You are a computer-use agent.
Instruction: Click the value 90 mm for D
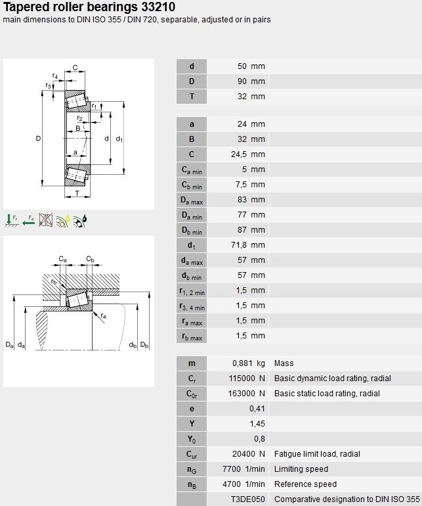pos(251,81)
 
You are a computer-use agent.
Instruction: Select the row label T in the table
pos(192,97)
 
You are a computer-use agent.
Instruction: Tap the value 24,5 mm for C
pos(248,154)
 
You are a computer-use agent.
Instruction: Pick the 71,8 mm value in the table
pos(248,245)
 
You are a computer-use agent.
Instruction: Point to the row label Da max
pos(192,200)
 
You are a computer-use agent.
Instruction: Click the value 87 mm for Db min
pos(251,230)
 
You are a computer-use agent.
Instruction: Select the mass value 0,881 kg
pos(249,363)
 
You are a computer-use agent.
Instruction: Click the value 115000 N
pos(247,379)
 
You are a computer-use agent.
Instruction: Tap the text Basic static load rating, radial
pos(327,394)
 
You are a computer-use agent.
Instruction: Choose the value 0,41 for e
pos(257,409)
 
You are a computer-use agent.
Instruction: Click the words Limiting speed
pos(301,469)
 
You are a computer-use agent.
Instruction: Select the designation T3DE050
pos(248,499)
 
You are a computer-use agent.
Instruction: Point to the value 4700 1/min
pos(243,484)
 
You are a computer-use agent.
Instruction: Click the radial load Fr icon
pos(12,220)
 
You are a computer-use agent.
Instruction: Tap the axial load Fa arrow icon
pos(29,220)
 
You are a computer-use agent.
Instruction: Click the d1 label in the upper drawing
pos(119,139)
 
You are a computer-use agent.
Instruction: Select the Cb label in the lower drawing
pos(91,259)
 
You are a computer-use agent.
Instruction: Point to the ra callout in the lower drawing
pos(103,315)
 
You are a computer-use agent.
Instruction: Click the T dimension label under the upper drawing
pos(77,193)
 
